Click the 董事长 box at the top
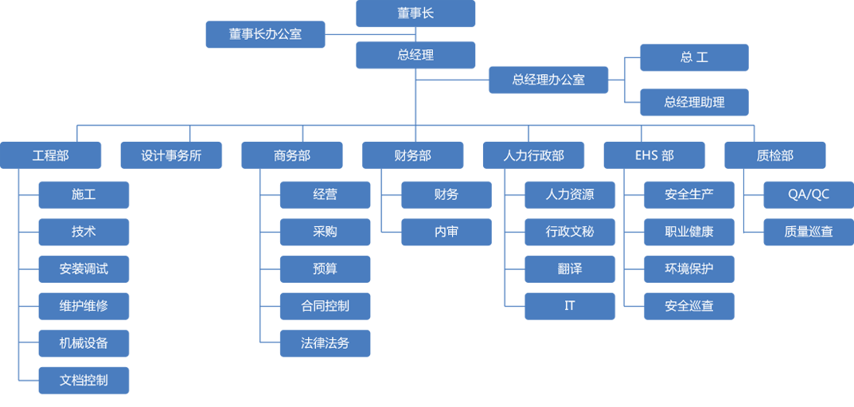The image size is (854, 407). coord(415,14)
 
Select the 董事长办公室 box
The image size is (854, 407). coord(265,34)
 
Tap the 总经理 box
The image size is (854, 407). coord(415,55)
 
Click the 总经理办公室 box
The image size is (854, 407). coord(548,80)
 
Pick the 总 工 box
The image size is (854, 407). coord(694,57)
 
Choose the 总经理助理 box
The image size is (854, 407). coord(694,102)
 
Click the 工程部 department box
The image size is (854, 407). coord(51,155)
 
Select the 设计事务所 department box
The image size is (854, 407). coord(171,155)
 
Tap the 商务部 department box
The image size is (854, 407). coord(292,155)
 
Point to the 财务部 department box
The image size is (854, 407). coord(412,155)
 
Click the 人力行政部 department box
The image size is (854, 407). coord(533,155)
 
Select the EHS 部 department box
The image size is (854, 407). coord(654,155)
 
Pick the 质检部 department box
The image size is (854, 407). coord(774,155)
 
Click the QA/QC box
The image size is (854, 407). coord(808,194)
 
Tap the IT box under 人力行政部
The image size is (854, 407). coord(570,306)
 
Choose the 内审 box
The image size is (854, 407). coord(446,232)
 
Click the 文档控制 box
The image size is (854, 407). coord(84,381)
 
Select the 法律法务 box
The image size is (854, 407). coord(325,343)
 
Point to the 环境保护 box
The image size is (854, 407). coord(689,269)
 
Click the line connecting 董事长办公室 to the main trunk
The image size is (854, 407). coord(370,34)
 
